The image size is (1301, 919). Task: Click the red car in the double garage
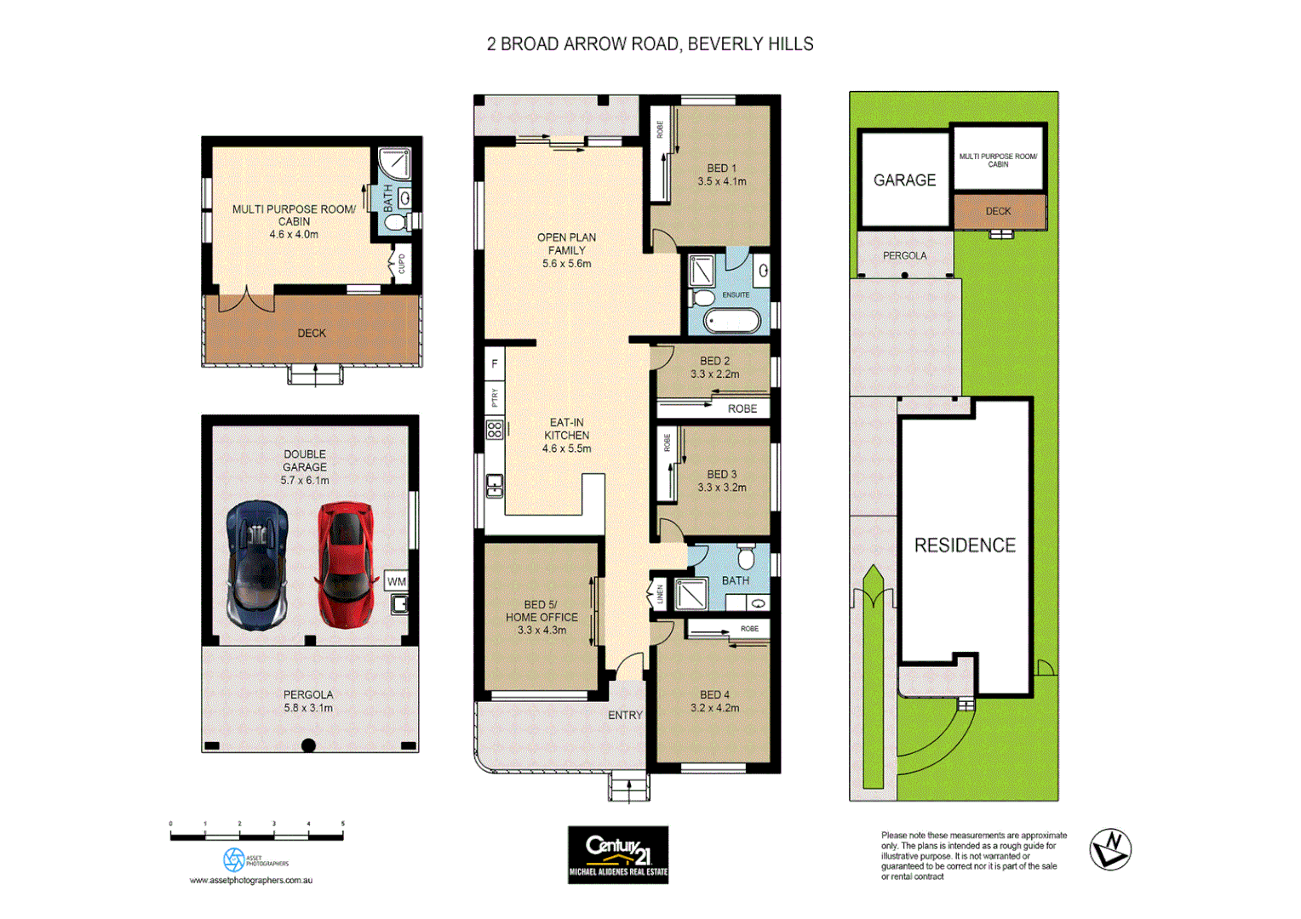tap(345, 563)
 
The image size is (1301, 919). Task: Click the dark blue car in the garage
tap(257, 563)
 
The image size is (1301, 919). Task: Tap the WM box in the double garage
tap(397, 581)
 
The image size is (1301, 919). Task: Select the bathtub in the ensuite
tap(731, 322)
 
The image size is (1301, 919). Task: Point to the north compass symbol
tap(1110, 849)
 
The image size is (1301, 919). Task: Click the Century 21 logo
tap(618, 854)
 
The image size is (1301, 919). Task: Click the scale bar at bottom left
tap(256, 836)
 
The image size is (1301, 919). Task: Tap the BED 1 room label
tap(721, 174)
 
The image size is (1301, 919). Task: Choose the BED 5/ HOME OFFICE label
tap(542, 617)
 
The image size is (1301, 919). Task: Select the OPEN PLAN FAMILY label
tap(566, 250)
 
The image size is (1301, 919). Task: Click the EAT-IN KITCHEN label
tap(566, 435)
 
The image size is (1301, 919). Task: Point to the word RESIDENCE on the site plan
tap(965, 545)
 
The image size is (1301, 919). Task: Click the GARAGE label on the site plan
tap(904, 180)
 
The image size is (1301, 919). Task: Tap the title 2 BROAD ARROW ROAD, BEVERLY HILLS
tap(650, 44)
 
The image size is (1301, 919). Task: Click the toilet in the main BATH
tap(746, 557)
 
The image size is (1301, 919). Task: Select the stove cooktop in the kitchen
tap(495, 430)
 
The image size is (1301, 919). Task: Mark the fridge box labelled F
tap(495, 364)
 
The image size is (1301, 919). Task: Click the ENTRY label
tap(625, 715)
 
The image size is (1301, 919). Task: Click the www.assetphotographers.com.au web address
tap(251, 880)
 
